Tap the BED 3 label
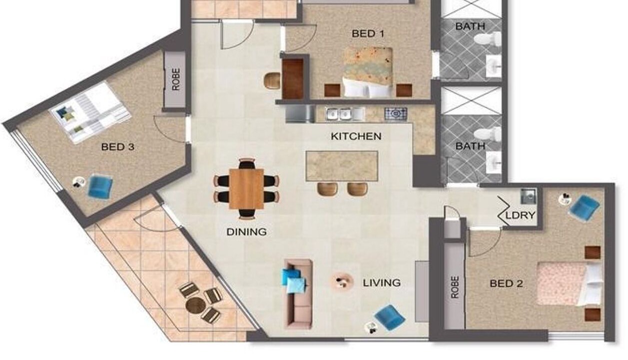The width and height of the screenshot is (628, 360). (x=118, y=146)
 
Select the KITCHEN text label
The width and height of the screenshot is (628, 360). (x=356, y=136)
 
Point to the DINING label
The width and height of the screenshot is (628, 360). (x=246, y=232)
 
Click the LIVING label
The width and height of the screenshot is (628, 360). (x=382, y=283)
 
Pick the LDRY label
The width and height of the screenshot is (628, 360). (x=521, y=215)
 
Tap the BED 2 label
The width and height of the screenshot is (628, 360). (x=506, y=283)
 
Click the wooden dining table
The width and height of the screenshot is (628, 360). (x=246, y=188)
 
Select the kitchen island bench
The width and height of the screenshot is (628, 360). (x=342, y=166)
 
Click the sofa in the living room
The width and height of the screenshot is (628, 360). (x=299, y=294)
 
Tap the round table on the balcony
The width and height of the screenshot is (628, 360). (x=196, y=305)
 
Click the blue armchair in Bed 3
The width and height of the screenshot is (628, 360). (x=100, y=186)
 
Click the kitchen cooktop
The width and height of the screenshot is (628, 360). (x=396, y=114)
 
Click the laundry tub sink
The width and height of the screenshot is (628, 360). (x=528, y=196)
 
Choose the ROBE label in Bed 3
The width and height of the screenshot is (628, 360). (x=176, y=79)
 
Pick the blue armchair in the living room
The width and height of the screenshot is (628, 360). (x=390, y=317)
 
